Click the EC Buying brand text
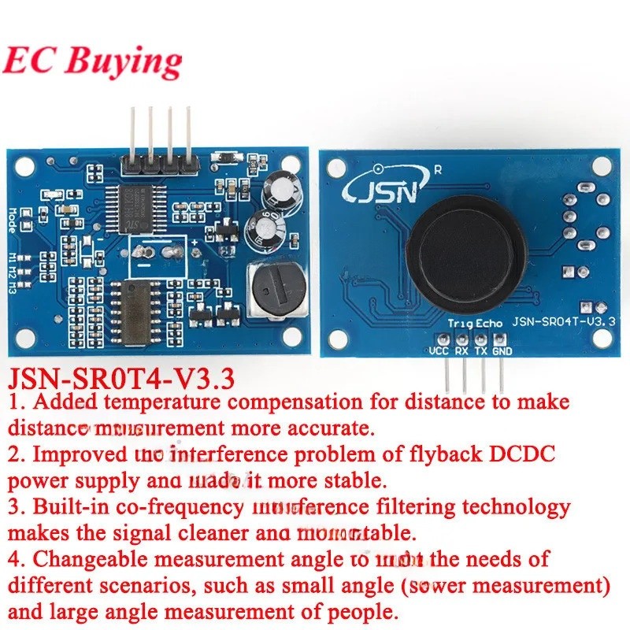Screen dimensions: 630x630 tap(92, 61)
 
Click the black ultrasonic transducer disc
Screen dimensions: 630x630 tap(463, 251)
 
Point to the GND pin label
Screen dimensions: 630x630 tap(502, 351)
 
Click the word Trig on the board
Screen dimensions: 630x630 tap(459, 323)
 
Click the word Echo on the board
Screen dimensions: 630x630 tap(488, 323)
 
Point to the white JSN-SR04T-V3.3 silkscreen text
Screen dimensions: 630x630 tap(563, 321)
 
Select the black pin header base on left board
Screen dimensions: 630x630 tap(158, 164)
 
